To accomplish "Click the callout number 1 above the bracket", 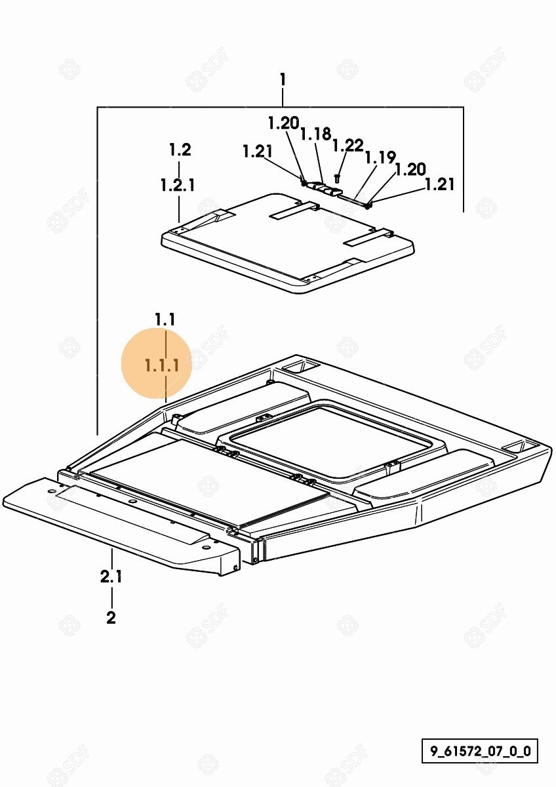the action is point(283,79).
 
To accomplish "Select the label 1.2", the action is point(180,150).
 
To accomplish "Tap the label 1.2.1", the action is point(178,185).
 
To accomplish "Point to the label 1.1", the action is point(165,319).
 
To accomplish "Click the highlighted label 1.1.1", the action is point(162,366).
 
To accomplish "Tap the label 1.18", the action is point(315,134).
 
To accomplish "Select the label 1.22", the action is point(347,146).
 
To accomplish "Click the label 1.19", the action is point(380,157).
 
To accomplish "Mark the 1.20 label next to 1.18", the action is point(283,123).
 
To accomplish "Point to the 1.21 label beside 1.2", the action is point(258,151).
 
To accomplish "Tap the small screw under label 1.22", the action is point(337,178).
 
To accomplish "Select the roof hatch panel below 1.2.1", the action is point(288,243).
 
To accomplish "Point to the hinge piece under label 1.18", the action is point(326,188).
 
